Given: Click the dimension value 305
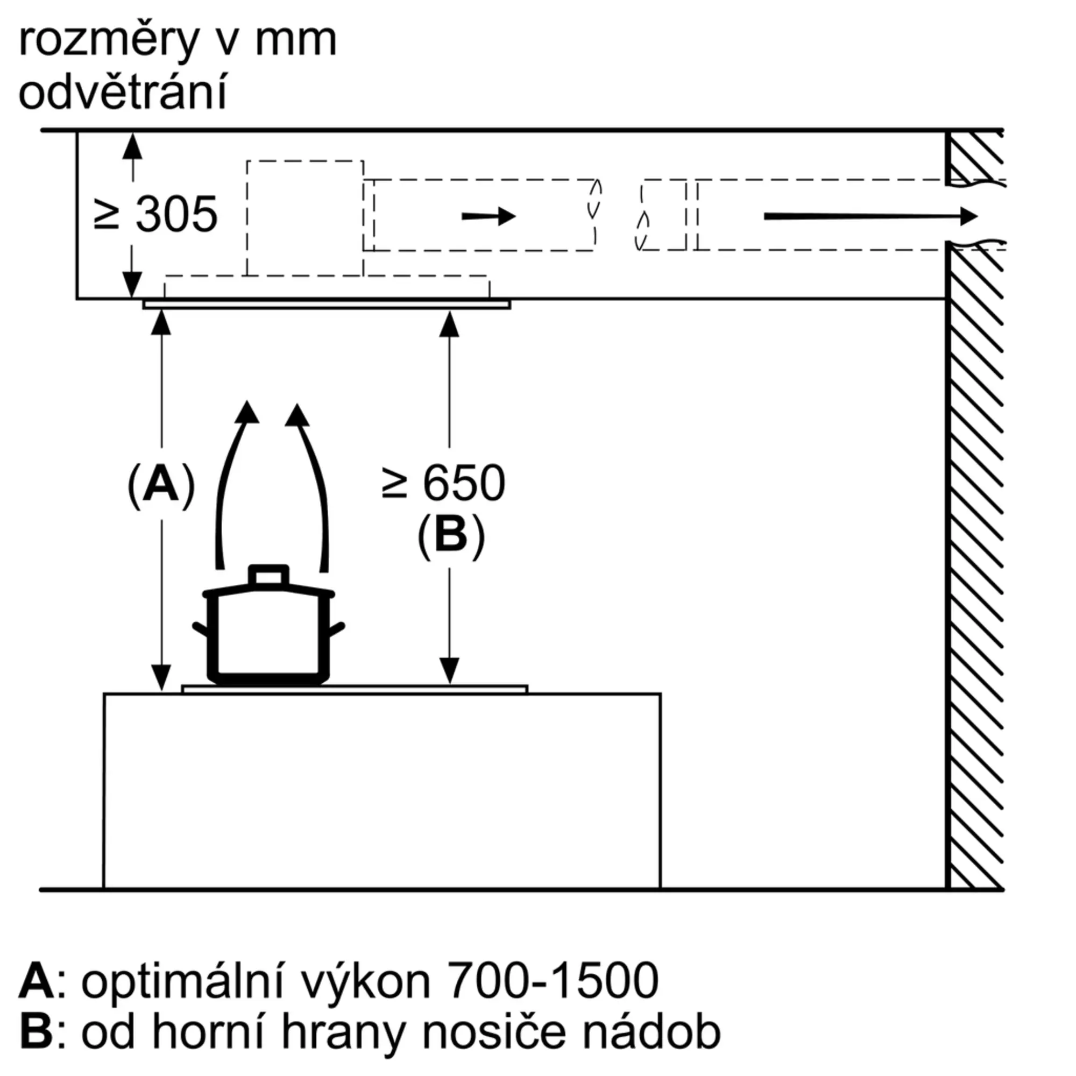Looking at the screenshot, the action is pos(176,214).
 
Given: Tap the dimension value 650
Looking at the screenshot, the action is pos(464,483).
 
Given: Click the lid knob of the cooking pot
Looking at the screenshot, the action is pos(269,575).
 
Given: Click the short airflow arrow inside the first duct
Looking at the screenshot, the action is pos(489,216).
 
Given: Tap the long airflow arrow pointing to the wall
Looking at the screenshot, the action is pos(870,216).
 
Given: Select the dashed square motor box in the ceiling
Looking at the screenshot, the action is pos(305,218).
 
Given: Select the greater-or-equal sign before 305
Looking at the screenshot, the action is pos(106,215).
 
